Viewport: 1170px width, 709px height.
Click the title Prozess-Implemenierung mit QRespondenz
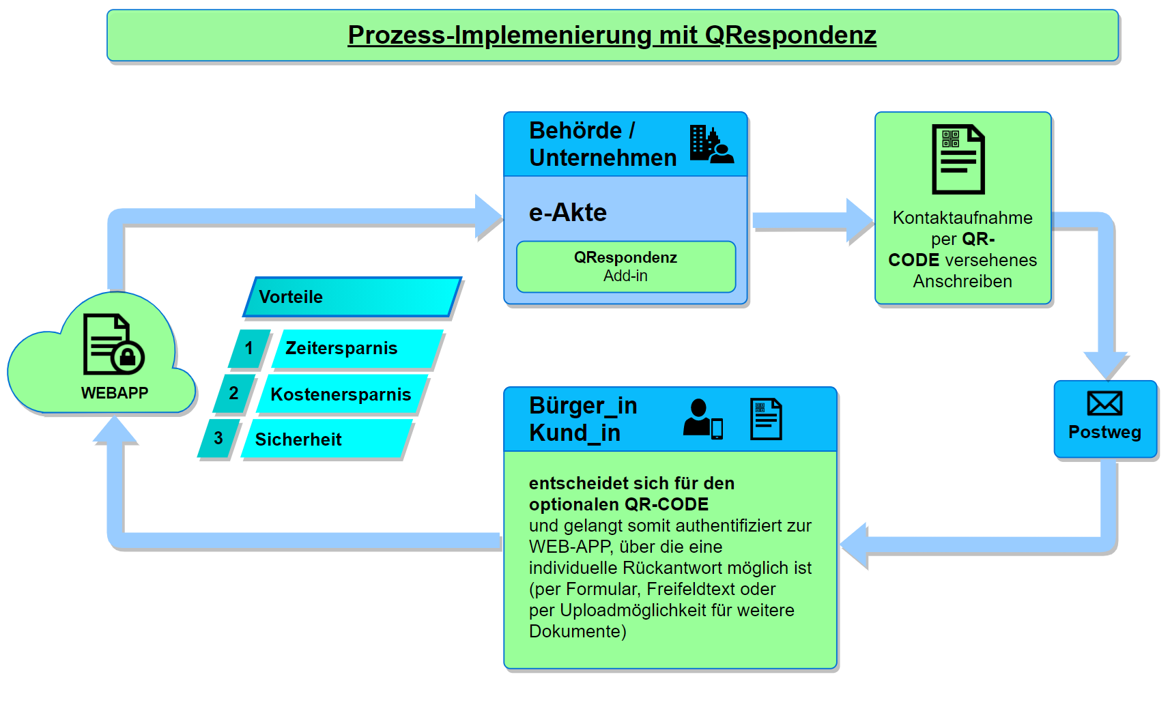[612, 35]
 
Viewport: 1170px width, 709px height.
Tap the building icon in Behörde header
[711, 144]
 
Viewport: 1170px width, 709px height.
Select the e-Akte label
[567, 213]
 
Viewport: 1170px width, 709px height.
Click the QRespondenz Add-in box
[625, 267]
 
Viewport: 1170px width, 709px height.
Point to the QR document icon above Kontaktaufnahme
[958, 159]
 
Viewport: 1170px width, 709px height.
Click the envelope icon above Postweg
[1104, 403]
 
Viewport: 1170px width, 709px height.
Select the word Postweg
[1104, 432]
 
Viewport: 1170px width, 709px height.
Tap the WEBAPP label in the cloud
[115, 393]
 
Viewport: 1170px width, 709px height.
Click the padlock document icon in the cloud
[113, 344]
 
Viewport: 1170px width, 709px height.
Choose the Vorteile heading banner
[352, 297]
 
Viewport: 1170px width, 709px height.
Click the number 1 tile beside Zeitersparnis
[249, 349]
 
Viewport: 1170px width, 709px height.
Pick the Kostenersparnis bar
[341, 394]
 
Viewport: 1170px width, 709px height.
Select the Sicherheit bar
[326, 439]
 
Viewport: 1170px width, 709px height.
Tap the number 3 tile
[218, 439]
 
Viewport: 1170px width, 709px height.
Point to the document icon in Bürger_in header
[766, 419]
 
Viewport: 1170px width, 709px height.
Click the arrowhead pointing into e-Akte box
[489, 217]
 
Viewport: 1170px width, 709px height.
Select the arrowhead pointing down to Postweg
[1106, 365]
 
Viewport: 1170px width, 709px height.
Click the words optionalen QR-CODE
[618, 504]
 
